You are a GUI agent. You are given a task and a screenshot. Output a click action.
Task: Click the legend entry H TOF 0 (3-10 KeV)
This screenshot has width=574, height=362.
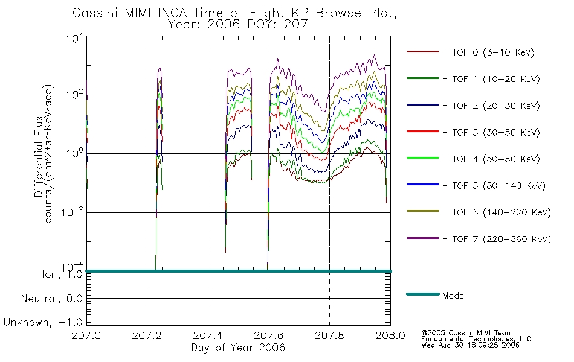(x=488, y=52)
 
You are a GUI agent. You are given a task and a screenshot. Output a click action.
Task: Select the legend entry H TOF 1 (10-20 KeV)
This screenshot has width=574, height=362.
(x=491, y=79)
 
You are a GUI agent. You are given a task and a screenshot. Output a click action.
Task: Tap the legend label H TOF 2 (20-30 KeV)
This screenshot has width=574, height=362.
(x=491, y=106)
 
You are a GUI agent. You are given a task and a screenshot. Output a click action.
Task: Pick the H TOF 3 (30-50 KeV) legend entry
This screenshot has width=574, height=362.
(x=491, y=132)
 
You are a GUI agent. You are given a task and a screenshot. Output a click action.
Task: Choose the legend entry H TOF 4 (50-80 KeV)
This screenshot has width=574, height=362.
(x=491, y=159)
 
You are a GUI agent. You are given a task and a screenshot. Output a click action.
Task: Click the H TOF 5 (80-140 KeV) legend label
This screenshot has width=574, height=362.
(x=494, y=186)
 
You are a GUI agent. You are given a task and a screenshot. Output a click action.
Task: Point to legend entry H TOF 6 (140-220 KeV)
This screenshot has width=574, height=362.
(x=497, y=212)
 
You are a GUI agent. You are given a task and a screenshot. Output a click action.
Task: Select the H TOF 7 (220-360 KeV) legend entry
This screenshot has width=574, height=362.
(x=497, y=239)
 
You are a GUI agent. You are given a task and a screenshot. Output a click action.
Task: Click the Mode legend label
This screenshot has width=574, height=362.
(x=453, y=296)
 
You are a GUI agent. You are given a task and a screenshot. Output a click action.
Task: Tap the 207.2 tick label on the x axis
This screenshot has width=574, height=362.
(x=147, y=335)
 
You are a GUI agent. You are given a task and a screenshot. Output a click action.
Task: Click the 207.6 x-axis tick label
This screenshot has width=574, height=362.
(x=269, y=335)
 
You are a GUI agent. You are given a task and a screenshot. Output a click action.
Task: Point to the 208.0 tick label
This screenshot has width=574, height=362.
(x=390, y=335)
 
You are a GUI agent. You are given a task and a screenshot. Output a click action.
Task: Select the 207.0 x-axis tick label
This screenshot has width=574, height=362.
(x=86, y=335)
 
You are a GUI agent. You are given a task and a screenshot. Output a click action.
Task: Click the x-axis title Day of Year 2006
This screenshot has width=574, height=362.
(x=238, y=348)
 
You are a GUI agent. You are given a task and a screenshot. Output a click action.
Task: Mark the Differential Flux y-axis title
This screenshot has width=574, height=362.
(x=39, y=156)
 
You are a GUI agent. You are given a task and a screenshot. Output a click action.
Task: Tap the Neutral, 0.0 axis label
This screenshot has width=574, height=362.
(x=51, y=299)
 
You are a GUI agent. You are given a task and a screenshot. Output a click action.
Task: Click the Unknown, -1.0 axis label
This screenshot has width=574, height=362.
(x=43, y=322)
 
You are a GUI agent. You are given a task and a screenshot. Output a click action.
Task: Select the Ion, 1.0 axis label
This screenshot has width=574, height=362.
(x=62, y=274)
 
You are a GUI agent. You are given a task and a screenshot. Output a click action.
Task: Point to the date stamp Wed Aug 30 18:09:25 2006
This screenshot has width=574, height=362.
(x=471, y=345)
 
